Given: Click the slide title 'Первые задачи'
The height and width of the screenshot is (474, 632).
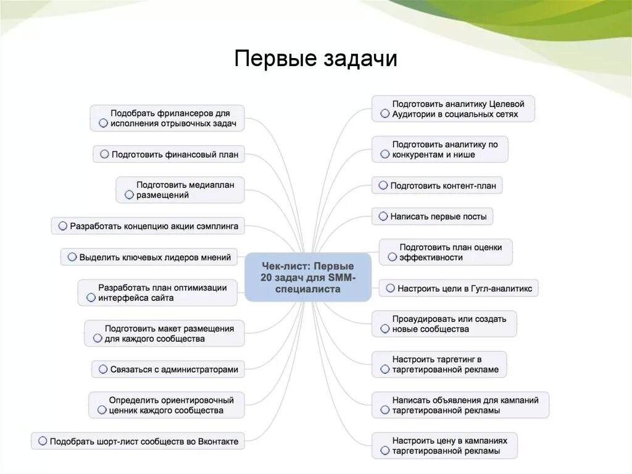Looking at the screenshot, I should pos(315,59).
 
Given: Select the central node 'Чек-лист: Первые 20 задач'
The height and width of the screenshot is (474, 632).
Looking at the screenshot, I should pos(308,277).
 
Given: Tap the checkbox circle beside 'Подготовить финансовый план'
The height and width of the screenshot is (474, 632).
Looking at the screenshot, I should pos(104,154).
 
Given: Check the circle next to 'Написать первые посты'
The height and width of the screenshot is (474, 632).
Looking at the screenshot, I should pos(383,216).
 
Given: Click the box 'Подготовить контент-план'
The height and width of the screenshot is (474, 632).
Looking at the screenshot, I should pos(437,185).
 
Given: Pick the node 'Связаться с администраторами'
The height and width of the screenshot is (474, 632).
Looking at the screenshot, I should pos(168,370).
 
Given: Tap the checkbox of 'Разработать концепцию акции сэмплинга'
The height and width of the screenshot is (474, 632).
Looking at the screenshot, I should pos(62,226).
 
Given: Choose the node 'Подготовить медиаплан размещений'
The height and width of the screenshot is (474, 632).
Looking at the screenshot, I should pos(180,190).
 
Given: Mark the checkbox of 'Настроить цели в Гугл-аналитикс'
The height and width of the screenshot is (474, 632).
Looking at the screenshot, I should pos(390,288).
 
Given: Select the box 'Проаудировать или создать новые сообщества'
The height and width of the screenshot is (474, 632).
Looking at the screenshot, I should pos(444,324).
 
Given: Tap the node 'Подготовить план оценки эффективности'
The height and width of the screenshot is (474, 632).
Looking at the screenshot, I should pos(445,252).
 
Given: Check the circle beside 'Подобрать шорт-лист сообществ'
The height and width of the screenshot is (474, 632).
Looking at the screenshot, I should pos(43,441).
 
